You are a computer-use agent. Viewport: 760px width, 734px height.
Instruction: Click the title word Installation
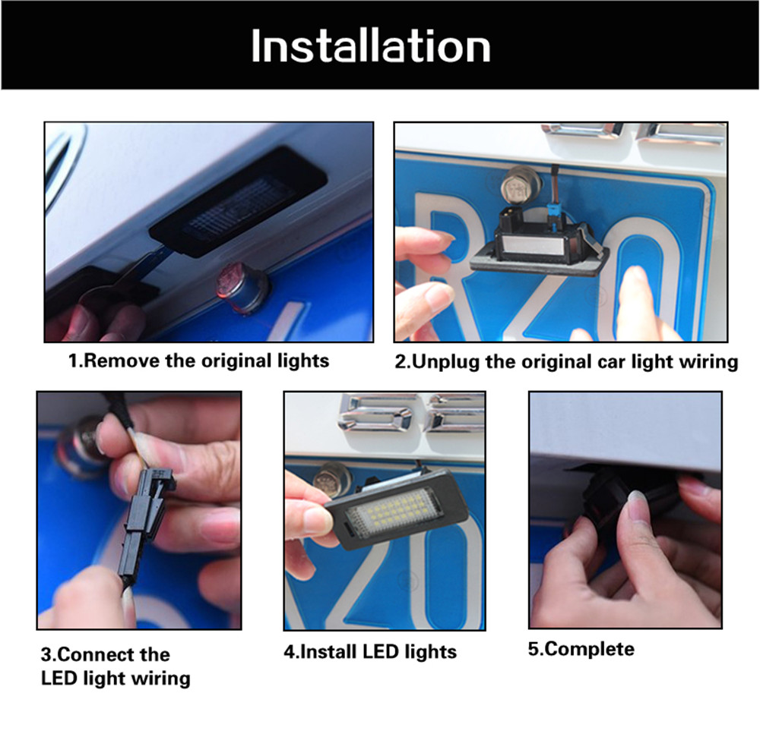[x=371, y=46]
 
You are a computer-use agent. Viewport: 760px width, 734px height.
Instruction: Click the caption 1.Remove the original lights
[x=198, y=361]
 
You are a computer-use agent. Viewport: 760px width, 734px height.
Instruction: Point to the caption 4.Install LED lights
[x=370, y=652]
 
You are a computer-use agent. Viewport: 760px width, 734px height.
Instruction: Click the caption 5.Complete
[x=581, y=649]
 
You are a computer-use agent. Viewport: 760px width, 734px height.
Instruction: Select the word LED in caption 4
[x=382, y=652]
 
